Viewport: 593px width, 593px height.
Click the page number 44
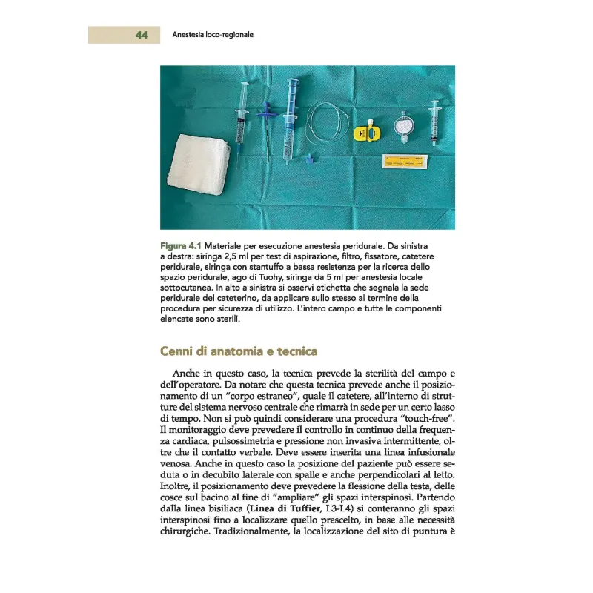(x=142, y=35)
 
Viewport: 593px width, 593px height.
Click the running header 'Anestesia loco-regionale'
(x=213, y=35)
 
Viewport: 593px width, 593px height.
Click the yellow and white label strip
(x=407, y=160)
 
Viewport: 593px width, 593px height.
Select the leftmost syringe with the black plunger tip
(x=241, y=119)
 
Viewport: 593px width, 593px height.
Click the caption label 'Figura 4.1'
(x=180, y=245)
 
